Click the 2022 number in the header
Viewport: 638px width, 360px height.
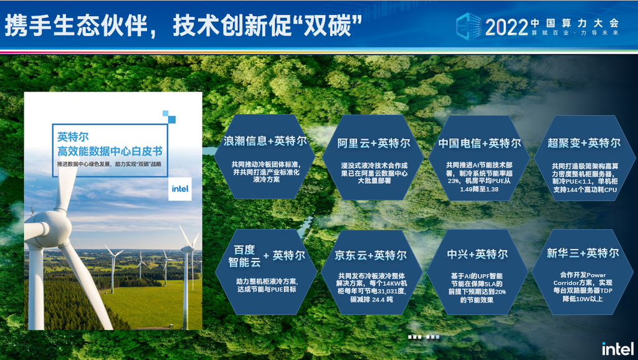(506, 27)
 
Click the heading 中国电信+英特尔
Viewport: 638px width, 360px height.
(479, 143)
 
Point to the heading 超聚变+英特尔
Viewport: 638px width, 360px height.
(584, 143)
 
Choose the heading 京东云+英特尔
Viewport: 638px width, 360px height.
(370, 255)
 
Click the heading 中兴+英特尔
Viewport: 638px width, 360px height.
(477, 254)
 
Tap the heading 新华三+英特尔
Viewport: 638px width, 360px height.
(583, 253)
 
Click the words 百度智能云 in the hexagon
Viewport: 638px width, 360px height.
(244, 256)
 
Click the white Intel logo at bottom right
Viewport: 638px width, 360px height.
(617, 349)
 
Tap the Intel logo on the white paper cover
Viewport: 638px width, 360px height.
(180, 189)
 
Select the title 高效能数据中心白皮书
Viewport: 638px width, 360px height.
(110, 152)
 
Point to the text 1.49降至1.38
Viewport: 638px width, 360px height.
(479, 189)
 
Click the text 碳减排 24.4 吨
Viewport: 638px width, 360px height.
(371, 300)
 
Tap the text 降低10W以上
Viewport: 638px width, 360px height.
(583, 299)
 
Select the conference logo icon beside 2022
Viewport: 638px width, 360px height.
(469, 26)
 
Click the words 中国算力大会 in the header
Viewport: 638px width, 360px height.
(575, 23)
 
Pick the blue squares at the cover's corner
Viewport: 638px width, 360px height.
(169, 116)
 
